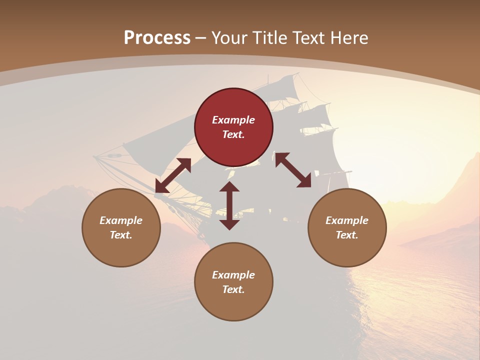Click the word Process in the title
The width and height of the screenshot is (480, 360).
157,38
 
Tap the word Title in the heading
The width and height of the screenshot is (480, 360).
269,38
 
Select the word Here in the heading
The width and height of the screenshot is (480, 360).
349,38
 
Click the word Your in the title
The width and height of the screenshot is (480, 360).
230,38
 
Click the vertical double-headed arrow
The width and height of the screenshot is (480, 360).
229,205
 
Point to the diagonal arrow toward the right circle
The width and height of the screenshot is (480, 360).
293,170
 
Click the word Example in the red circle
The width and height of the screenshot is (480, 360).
233,120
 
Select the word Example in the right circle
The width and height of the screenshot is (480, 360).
347,220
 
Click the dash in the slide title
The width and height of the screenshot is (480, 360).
200,38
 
